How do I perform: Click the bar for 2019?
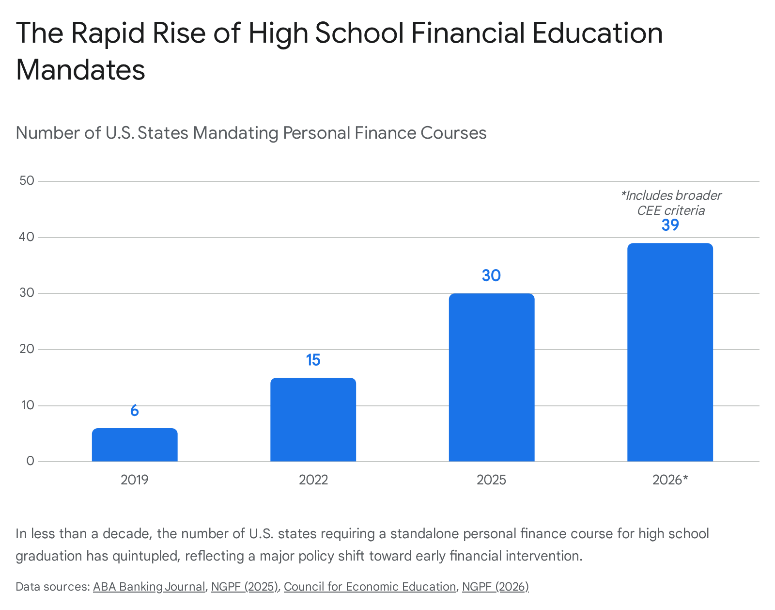[x=135, y=445]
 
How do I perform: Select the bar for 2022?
[x=313, y=419]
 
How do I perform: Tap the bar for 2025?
[x=492, y=377]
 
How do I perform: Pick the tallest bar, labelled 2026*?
[x=670, y=352]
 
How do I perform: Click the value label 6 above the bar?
[x=135, y=410]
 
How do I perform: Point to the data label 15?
[x=313, y=360]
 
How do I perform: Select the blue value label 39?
[x=670, y=225]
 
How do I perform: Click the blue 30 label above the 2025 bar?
[x=492, y=275]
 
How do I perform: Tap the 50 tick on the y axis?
[x=27, y=180]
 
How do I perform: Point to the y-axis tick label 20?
[x=27, y=349]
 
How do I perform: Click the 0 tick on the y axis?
[x=30, y=461]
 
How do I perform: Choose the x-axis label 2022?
[x=313, y=480]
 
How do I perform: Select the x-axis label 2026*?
[x=670, y=480]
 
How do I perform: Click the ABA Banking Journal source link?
[x=149, y=587]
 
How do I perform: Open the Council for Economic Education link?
[x=370, y=587]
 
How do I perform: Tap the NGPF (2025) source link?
[x=245, y=587]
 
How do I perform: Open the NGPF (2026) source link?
[x=495, y=587]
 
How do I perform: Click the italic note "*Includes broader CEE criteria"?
[x=671, y=203]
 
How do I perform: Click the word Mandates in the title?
[x=80, y=69]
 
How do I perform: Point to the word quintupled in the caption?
[x=146, y=556]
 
